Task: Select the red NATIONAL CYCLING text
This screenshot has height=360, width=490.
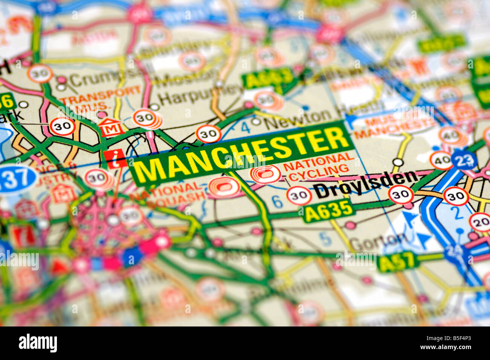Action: (x=318, y=165)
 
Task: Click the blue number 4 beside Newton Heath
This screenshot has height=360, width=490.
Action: (x=245, y=128)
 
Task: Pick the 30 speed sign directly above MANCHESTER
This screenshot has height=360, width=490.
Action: (x=208, y=134)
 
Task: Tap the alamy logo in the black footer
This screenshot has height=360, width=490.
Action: (x=38, y=343)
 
